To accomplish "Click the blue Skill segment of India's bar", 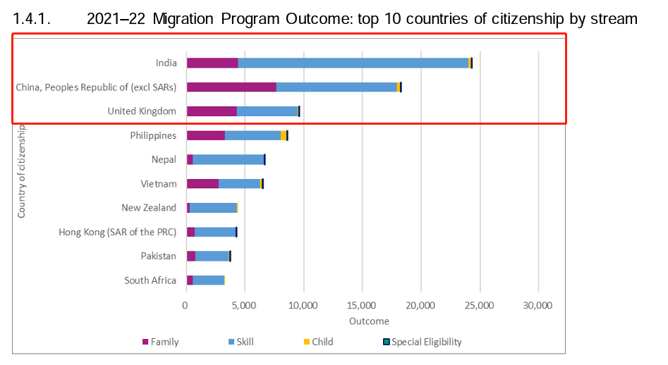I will (x=353, y=63).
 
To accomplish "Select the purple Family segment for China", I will (x=231, y=87).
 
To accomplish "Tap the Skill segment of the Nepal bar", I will (x=228, y=159).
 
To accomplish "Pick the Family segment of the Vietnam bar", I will (x=202, y=184).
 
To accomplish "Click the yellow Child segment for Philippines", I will (x=283, y=135).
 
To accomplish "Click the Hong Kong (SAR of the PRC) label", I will (x=117, y=232).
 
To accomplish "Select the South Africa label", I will (x=150, y=280).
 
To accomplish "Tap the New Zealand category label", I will (x=149, y=208).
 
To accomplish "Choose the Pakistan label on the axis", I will (x=158, y=256).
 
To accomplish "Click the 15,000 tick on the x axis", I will (x=362, y=306).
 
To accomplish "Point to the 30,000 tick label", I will (x=538, y=306).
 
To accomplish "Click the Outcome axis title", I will (x=369, y=321).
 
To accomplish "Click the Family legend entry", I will (x=164, y=342).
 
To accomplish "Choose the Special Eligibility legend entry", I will (x=426, y=342).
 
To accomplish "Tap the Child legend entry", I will (x=322, y=342).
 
